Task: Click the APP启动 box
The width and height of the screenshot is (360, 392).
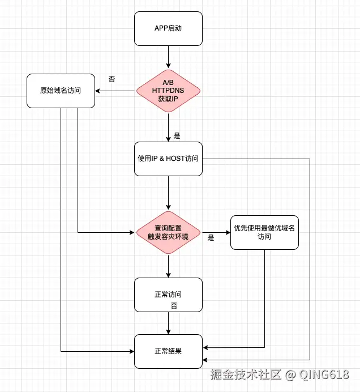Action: (x=168, y=28)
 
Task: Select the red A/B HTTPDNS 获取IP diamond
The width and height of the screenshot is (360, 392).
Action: (x=168, y=91)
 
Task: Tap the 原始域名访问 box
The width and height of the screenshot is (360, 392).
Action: (x=60, y=91)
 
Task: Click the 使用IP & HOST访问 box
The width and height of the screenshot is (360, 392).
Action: (x=168, y=159)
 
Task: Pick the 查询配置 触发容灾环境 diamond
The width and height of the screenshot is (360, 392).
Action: (x=168, y=232)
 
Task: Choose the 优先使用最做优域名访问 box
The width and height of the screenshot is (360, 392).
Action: (x=264, y=232)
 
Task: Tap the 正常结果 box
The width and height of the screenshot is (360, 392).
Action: (x=168, y=351)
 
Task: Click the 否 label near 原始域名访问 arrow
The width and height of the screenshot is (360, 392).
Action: (x=112, y=79)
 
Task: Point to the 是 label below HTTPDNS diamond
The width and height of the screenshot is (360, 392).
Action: (x=177, y=136)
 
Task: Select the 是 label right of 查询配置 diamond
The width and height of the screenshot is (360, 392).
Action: (x=211, y=238)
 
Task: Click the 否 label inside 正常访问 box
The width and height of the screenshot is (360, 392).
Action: (x=174, y=306)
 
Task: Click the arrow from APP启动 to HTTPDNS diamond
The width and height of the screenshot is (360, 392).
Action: (x=168, y=57)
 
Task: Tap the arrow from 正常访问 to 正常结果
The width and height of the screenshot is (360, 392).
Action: (x=168, y=323)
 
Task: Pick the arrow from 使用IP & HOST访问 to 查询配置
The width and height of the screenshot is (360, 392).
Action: (x=168, y=193)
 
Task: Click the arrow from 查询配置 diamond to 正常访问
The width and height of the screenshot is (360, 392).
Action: (x=168, y=266)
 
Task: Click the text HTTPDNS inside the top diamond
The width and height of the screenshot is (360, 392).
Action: (x=168, y=91)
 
